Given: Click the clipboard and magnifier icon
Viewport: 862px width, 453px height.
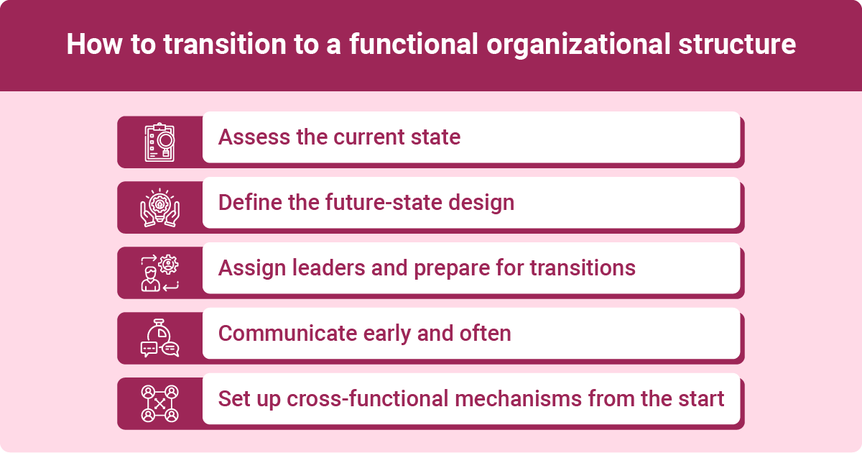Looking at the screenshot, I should [x=159, y=142].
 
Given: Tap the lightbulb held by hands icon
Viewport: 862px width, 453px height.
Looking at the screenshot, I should [x=159, y=208].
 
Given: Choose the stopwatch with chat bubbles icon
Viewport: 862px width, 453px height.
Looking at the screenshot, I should [x=159, y=339].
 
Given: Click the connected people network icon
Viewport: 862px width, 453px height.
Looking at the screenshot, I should [x=159, y=404].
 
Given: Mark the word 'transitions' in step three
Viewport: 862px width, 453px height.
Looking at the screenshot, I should [x=583, y=267].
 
